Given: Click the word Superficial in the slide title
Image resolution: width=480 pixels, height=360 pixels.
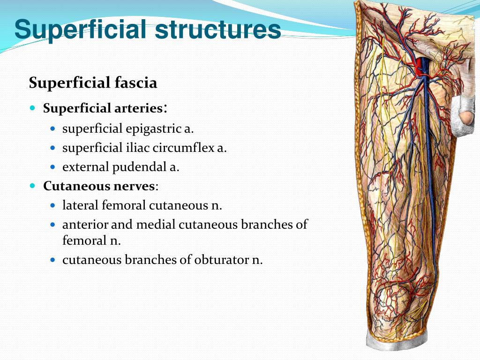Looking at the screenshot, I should coord(81,29).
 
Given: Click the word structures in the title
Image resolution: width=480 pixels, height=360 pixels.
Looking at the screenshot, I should coord(217,29).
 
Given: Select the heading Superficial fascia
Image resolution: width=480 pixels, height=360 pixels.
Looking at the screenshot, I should coord(93,83).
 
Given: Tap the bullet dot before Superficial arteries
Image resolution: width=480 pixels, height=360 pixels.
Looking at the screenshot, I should coord(32,108).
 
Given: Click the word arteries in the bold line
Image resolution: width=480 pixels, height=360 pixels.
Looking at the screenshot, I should coord(139,108).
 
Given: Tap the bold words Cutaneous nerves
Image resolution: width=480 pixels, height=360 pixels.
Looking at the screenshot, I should coord(99,186).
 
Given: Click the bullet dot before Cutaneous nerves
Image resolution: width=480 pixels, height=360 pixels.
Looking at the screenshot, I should coord(32,186).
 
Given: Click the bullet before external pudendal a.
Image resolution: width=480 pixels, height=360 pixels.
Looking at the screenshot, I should coord(52,166).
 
